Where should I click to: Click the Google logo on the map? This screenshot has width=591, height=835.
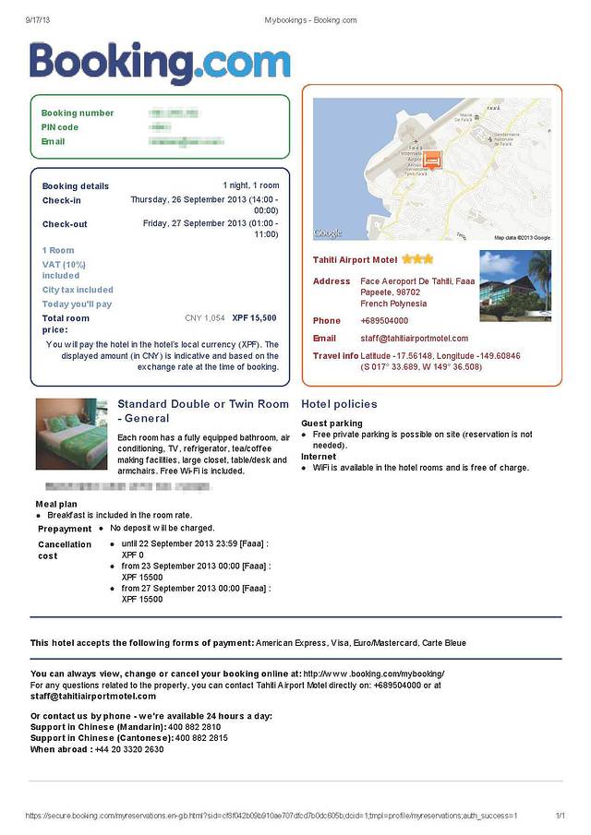pos(328,233)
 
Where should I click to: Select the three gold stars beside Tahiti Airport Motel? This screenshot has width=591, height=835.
pos(416,259)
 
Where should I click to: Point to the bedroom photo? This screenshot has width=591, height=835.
pos(71,434)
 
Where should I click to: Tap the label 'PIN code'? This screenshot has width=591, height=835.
pos(60,127)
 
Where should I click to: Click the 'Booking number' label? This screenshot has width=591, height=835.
pos(78,113)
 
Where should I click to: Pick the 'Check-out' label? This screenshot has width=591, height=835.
pos(65,224)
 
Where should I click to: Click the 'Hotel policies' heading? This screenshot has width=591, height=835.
pos(339,404)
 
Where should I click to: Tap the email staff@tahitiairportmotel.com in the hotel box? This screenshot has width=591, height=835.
pos(414,339)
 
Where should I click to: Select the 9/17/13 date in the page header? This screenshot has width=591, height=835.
pos(38,19)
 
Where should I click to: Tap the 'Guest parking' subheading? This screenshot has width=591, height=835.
pos(332,423)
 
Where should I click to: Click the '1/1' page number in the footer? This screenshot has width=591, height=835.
pos(560,816)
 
